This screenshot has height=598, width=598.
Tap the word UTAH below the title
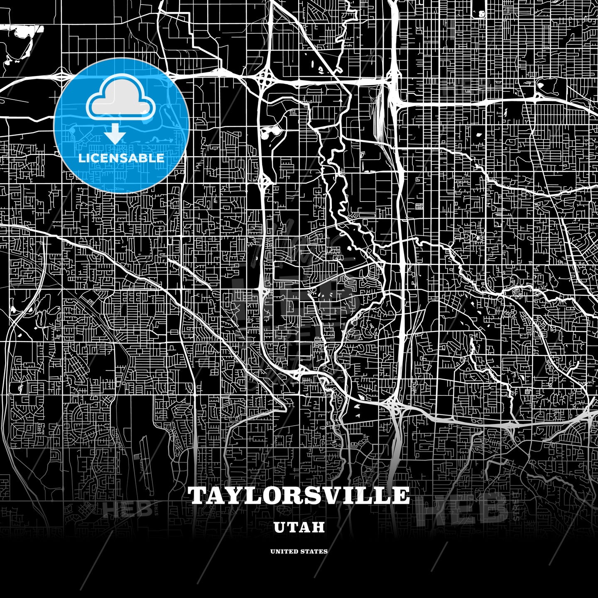click(x=299, y=527)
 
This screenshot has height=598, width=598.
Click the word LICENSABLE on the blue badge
click(x=121, y=158)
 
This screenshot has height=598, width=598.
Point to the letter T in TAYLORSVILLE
click(x=198, y=495)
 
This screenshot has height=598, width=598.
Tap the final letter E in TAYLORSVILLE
click(x=401, y=495)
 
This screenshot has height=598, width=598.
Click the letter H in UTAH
click(x=318, y=527)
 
